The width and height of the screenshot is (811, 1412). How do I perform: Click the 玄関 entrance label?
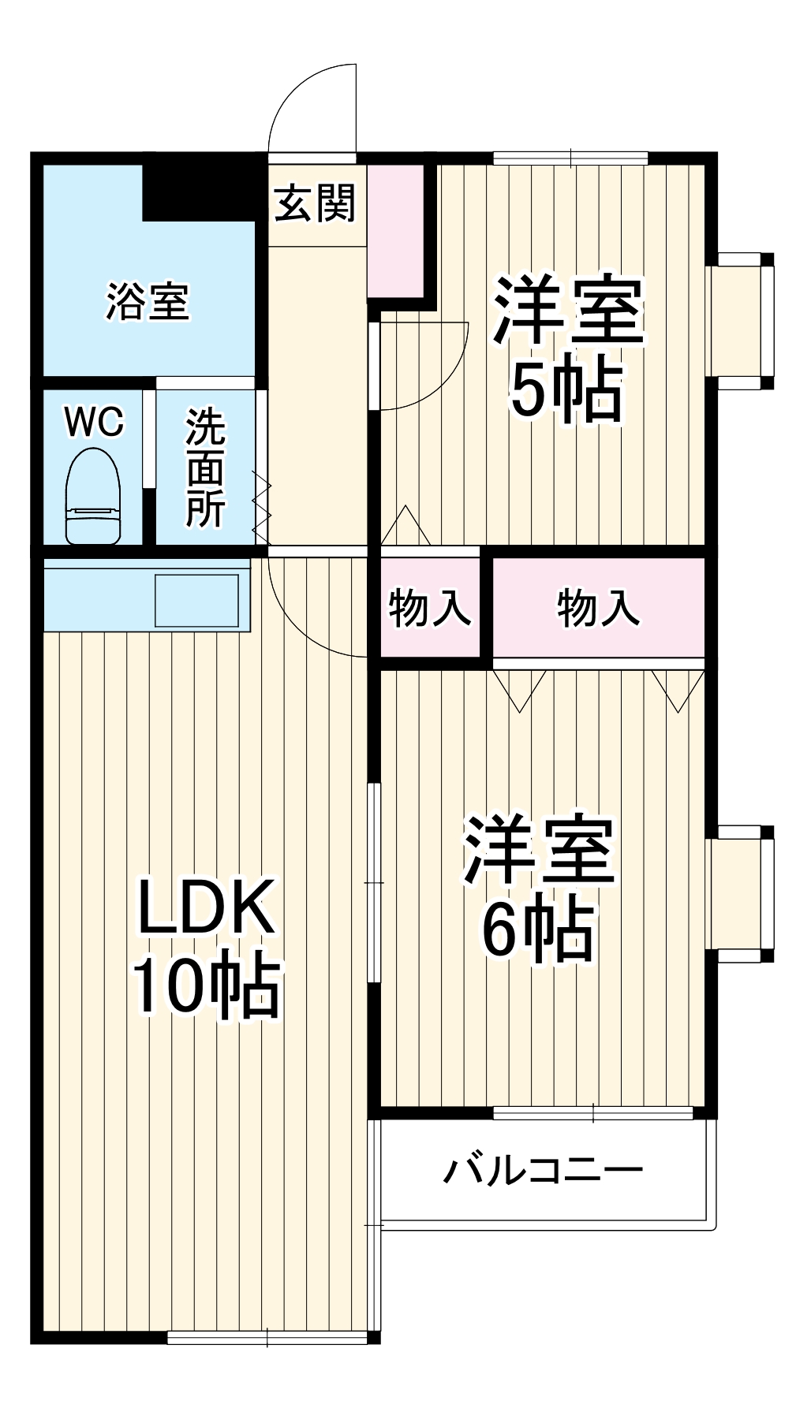316,203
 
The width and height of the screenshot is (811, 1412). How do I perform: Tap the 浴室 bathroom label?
148,301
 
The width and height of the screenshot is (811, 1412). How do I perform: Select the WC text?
94,422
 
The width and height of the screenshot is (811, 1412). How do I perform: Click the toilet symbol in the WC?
93,496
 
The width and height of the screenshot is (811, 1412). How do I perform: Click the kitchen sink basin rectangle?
196,601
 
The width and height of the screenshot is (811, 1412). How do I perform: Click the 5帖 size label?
566,389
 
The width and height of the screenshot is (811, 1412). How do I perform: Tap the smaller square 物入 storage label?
429,609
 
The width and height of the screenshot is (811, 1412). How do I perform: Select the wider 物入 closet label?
598,609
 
